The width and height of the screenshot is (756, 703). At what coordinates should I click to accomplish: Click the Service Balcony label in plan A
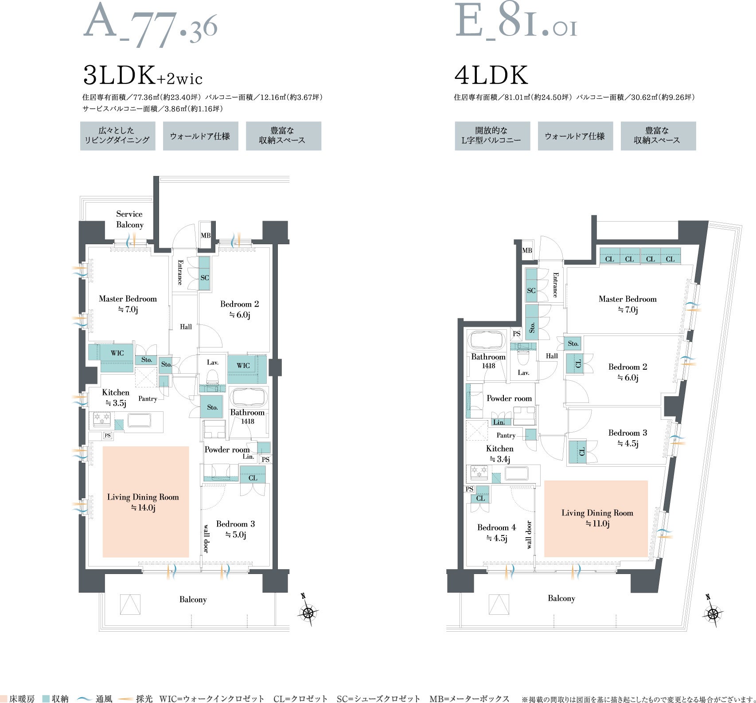point(129,219)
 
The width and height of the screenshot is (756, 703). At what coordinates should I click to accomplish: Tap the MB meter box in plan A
point(205,235)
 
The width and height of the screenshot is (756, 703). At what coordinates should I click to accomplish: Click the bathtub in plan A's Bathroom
point(248,398)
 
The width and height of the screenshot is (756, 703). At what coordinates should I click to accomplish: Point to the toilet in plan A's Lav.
point(213,378)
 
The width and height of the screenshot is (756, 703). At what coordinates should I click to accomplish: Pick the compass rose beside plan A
point(308,612)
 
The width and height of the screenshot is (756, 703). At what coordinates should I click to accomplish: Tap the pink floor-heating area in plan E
point(596,519)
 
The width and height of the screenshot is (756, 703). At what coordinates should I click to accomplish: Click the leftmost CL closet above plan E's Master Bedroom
point(609,256)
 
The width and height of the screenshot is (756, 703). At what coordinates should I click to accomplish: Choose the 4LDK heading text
point(491,75)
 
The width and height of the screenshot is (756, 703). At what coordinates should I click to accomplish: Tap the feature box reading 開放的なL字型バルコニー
point(492,136)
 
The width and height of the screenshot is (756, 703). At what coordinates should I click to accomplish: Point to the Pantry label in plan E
point(506,435)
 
